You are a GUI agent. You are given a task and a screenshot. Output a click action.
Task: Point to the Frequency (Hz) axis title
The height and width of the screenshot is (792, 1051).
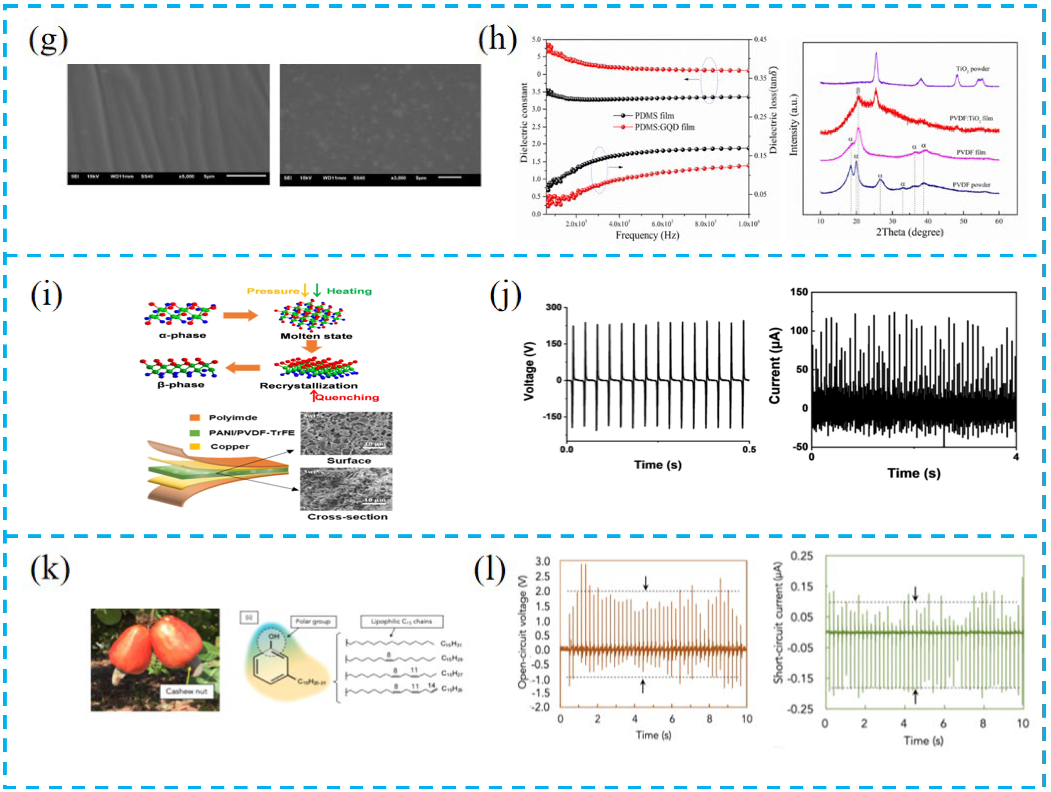[647, 235]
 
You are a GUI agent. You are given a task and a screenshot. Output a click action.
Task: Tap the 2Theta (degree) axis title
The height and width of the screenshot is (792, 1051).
[909, 232]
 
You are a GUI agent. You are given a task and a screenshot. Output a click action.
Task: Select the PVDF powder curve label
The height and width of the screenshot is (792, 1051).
[971, 185]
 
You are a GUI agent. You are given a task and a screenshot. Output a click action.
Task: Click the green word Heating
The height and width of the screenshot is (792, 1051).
[349, 291]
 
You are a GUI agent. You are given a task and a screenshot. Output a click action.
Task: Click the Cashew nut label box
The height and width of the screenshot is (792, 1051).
[186, 691]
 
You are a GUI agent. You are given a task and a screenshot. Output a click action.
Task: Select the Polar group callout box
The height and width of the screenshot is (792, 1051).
[313, 621]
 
